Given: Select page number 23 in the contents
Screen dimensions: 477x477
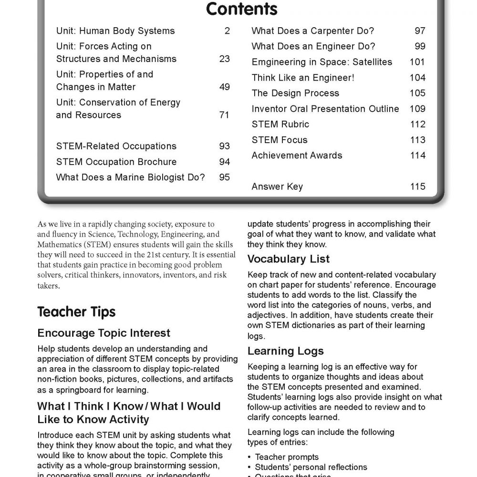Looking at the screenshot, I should click(224, 59).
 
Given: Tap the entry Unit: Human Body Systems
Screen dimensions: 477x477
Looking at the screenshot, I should click(115, 31).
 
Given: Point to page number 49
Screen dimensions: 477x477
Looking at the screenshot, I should click(224, 87).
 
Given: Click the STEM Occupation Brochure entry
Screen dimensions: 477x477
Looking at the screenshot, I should click(116, 162).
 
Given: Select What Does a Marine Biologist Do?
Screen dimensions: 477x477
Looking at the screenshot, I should click(130, 177).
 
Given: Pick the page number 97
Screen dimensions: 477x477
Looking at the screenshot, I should click(420, 31).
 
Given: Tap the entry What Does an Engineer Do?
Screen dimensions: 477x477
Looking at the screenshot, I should click(313, 46).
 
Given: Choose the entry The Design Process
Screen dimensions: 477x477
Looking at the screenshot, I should click(295, 93).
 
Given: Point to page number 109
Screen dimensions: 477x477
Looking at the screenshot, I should click(417, 109).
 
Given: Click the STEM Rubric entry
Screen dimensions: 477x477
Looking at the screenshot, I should click(280, 124).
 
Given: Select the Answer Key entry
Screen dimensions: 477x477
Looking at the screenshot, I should click(277, 187).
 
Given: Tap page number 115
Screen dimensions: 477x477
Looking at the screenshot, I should click(417, 187).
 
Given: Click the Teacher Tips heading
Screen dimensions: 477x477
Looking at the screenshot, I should click(76, 312).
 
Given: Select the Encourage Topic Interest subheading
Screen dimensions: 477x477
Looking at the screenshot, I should click(104, 332).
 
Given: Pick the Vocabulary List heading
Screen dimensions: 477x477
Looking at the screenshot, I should click(295, 259).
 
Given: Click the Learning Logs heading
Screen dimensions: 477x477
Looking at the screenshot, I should click(285, 351).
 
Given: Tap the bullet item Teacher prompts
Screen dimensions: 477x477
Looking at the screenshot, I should click(287, 457).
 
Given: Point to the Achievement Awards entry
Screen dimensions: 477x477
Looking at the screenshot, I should click(297, 156).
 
